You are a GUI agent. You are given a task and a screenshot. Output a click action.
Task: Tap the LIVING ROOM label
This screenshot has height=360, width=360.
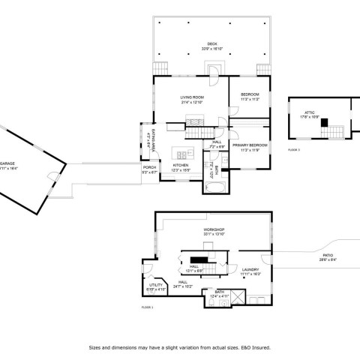pyautogui.click(x=192, y=98)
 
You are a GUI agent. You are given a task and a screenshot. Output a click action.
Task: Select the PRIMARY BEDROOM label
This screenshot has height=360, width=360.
pyautogui.click(x=250, y=144)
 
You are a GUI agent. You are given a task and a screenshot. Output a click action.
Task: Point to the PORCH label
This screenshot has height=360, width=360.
pyautogui.click(x=149, y=168)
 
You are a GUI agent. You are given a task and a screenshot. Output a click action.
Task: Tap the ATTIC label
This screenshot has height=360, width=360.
pyautogui.click(x=310, y=112)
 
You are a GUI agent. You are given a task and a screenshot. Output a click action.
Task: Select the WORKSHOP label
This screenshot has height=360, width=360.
pyautogui.click(x=214, y=229)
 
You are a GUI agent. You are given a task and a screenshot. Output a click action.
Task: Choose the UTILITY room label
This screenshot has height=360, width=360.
pyautogui.click(x=156, y=286)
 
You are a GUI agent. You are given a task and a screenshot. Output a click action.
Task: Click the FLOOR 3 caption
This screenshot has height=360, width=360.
pyautogui.click(x=293, y=150)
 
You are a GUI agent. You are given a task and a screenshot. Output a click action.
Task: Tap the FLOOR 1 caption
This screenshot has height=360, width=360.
pyautogui.click(x=147, y=307)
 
